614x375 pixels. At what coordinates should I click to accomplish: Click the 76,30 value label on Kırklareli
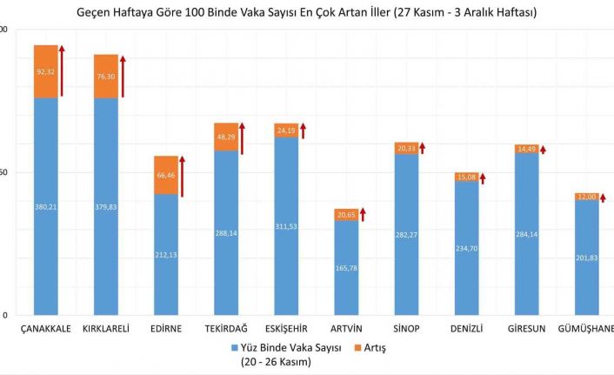106,77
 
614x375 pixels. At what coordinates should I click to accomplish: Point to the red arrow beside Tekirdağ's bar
243,138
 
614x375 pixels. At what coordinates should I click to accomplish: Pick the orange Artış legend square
357,347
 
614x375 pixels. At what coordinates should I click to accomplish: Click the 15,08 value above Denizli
466,177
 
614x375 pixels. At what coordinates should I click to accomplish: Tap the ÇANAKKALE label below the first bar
45,328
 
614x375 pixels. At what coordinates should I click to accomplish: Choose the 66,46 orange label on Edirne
165,175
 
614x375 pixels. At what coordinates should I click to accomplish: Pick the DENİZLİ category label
466,328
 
